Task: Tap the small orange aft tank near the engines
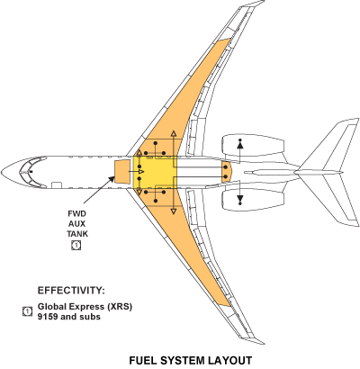pos(225,169)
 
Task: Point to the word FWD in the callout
pos(77,213)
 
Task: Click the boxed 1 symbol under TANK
pos(77,244)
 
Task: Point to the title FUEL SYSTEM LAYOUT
pos(188,359)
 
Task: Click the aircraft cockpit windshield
pos(31,168)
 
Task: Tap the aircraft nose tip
pos(4,169)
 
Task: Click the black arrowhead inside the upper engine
pos(240,143)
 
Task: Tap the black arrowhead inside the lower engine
pos(240,197)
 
